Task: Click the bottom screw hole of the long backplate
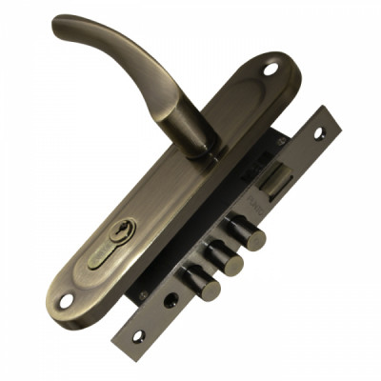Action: [x=66, y=301]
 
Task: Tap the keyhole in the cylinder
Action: [x=122, y=231]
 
